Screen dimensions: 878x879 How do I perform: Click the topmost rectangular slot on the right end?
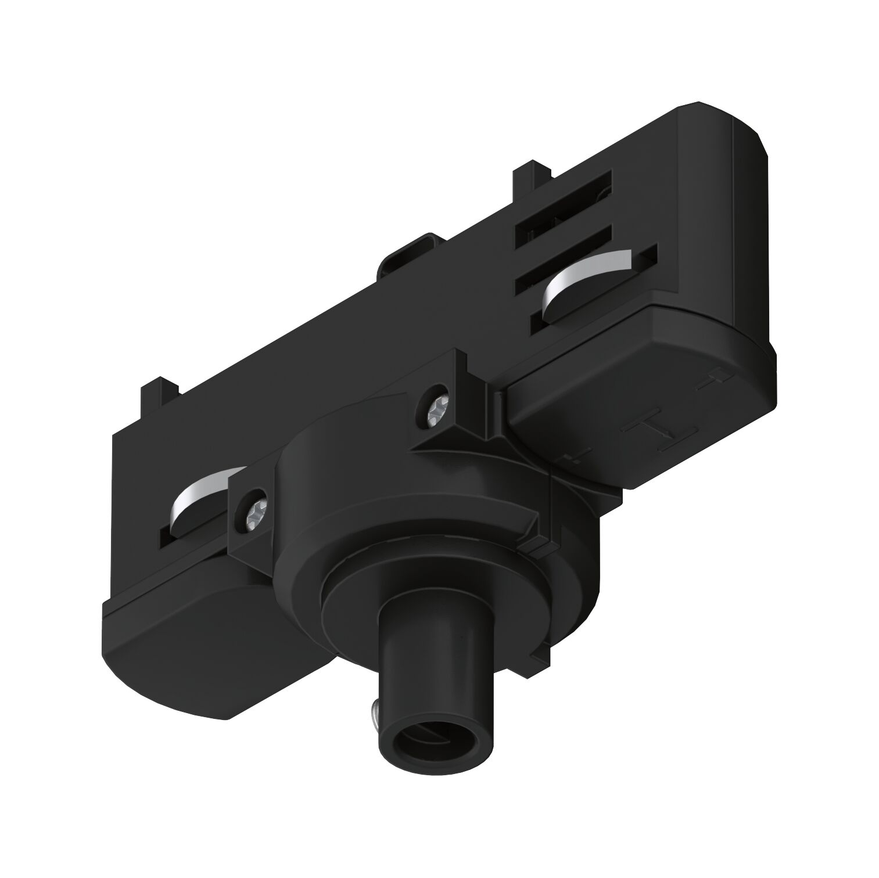pyautogui.click(x=564, y=197)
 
